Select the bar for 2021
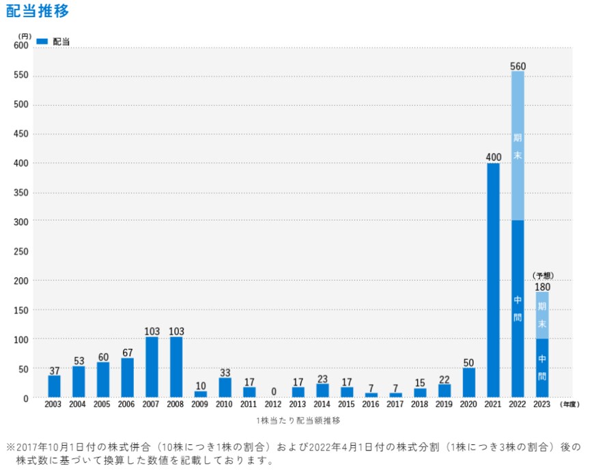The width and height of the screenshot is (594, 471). [x=493, y=280]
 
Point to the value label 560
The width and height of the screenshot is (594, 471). [x=518, y=66]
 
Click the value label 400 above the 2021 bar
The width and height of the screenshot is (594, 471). [x=493, y=158]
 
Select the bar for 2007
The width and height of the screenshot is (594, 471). [x=152, y=367]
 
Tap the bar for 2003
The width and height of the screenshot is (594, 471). [x=54, y=386]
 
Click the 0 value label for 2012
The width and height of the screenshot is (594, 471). [x=273, y=392]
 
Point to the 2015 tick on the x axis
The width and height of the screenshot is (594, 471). [x=346, y=405]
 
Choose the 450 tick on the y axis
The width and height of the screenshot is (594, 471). [x=21, y=134]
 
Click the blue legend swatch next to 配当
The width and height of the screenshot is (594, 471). [x=42, y=42]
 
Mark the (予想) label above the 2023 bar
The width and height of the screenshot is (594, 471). [x=542, y=275]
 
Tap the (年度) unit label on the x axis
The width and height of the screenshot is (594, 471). [x=569, y=405]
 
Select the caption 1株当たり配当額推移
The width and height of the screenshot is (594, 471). [x=298, y=420]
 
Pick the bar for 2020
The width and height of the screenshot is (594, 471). [x=468, y=382]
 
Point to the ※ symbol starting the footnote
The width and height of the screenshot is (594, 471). [x=10, y=447]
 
